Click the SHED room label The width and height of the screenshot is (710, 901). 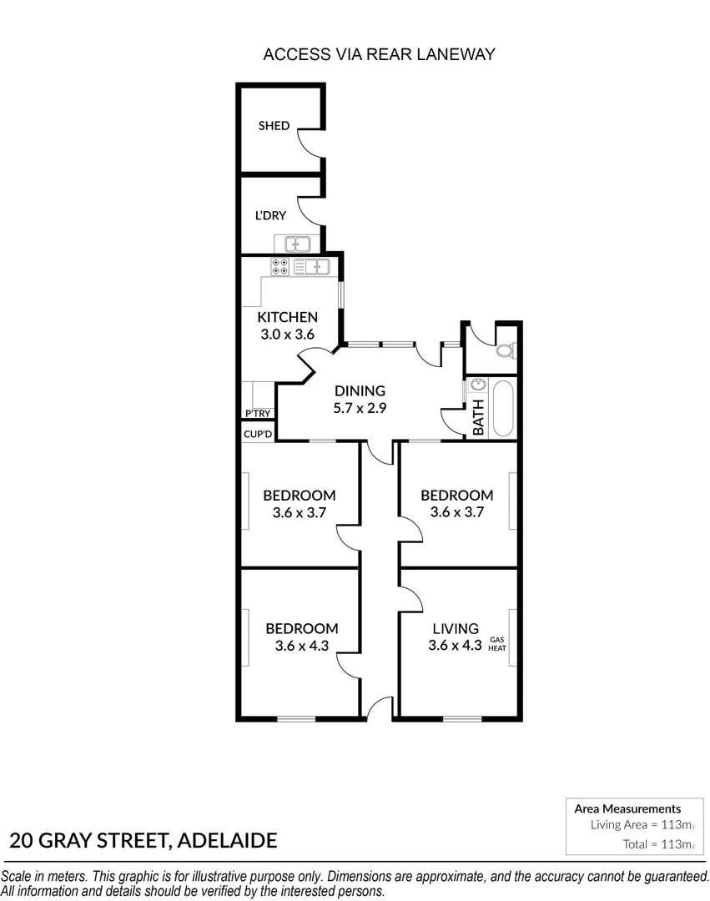coord(274,126)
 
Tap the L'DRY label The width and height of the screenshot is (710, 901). coord(270,215)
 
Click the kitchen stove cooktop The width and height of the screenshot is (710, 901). coord(280,267)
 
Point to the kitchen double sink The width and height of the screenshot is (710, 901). coord(315,267)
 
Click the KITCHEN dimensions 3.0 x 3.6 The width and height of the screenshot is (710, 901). coord(287,334)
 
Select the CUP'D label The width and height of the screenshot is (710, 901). coord(257,434)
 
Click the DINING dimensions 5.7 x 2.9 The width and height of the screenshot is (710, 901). coord(360,409)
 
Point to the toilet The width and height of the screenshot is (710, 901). coord(505,351)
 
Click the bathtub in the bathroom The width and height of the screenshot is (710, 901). coord(503,408)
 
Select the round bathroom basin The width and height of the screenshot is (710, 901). coord(477,385)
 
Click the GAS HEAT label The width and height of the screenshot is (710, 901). coord(498,643)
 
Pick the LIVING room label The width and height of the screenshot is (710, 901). coord(455,628)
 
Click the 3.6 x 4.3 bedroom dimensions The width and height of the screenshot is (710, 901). coord(301,645)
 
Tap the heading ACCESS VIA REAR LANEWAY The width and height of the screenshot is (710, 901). coord(379,55)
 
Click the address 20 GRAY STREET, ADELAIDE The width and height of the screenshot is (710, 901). coord(144,840)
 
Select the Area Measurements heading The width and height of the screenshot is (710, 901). coord(627,808)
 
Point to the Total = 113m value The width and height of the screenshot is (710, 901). coord(658,844)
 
